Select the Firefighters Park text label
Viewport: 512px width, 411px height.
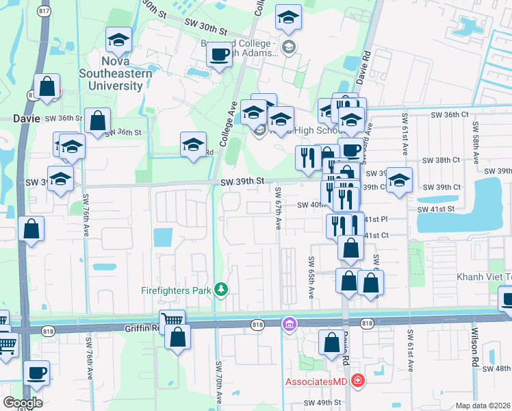175,290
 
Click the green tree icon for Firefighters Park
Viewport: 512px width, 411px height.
221,290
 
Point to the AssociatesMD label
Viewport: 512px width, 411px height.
313,380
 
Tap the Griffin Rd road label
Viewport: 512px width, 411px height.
142,328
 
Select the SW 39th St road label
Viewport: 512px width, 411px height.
242,181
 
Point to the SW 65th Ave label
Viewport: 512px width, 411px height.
311,277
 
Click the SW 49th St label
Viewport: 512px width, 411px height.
323,402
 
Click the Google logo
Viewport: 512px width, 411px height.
23,402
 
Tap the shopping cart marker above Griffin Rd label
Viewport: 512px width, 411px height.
172,319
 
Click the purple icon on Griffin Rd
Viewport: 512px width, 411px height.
290,323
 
